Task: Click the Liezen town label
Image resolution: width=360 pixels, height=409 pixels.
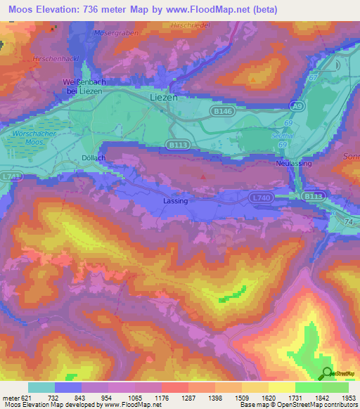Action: point(164,98)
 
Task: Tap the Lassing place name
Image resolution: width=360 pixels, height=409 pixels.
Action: point(175,201)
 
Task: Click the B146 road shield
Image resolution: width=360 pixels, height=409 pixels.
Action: point(223,111)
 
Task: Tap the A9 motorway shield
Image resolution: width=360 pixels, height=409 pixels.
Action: point(297,105)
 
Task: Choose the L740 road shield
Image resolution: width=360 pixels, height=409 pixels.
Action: point(260,199)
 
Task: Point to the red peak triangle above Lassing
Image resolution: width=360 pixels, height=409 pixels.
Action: point(203,176)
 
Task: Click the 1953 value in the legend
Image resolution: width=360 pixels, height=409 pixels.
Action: point(347,398)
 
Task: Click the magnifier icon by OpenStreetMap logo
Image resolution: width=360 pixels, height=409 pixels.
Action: point(326,374)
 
